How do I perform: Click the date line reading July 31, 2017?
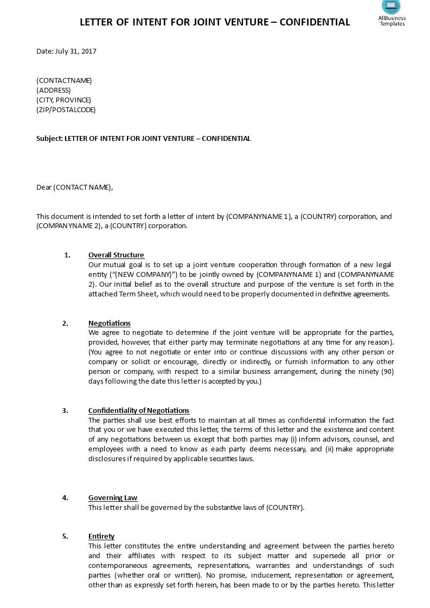66,51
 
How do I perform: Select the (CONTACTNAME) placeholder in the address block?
64,81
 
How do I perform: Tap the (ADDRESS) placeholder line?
54,90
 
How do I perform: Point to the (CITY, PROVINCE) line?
63,100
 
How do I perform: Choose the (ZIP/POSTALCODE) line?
66,110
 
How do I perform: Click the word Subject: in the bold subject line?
49,139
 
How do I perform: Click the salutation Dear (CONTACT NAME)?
75,187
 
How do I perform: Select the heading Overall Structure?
116,255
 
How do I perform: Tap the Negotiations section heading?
110,324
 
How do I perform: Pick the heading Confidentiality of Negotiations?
139,411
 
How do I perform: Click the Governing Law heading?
113,498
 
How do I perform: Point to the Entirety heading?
101,536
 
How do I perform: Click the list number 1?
67,255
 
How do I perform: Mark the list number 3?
65,411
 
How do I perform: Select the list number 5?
65,536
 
